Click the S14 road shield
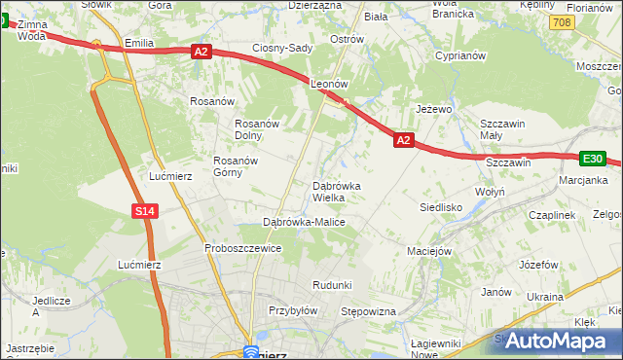[143, 211]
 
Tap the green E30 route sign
[593, 159]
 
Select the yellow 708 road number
[560, 21]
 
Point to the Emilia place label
[140, 43]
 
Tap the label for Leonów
[329, 85]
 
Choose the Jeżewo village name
[434, 109]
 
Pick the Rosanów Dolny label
[258, 129]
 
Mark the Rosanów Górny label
[240, 166]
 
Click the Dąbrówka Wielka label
[337, 192]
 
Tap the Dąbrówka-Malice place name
[305, 222]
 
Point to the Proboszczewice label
[242, 248]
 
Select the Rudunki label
[331, 284]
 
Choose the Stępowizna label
[368, 311]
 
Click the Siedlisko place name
[440, 207]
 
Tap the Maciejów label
[431, 251]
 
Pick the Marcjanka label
[583, 180]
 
